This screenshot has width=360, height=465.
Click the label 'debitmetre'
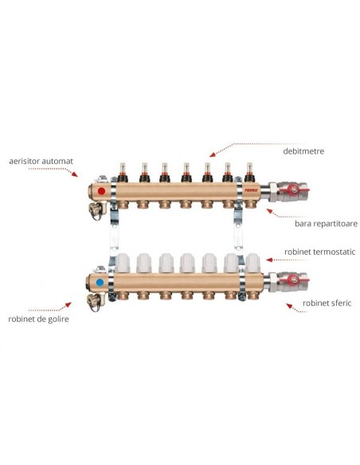tap(303, 151)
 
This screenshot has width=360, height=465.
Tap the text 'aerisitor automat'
tap(41, 161)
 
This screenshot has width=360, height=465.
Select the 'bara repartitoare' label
tap(326, 224)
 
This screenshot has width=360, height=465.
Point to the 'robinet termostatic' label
tap(319, 252)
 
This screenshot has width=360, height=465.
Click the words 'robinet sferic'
tap(327, 303)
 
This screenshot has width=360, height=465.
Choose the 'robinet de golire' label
tap(38, 319)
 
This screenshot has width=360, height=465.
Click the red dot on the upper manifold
tap(101, 191)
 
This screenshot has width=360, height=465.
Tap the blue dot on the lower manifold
tap(100, 283)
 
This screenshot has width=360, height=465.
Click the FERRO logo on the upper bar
tap(251, 190)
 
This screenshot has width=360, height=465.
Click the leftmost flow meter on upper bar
tap(123, 173)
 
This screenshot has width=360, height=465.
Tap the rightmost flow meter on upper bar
tap(249, 172)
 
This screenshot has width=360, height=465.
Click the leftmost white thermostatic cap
tap(122, 263)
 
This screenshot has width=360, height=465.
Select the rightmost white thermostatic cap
tap(252, 263)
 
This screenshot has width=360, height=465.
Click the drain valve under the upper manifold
tap(97, 209)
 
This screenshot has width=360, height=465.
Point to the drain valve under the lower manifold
tap(96, 301)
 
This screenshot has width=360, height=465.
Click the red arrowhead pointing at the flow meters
tap(212, 154)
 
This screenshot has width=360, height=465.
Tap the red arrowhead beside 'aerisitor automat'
tap(75, 174)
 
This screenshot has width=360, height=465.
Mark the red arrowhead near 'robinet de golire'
tap(68, 305)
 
